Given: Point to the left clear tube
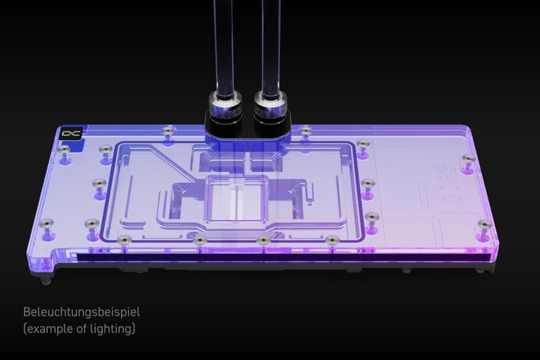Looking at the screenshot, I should click(x=223, y=45).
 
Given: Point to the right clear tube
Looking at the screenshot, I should click(x=269, y=45).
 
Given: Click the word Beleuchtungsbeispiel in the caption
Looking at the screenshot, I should click(x=81, y=312).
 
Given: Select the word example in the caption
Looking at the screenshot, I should click(x=49, y=328).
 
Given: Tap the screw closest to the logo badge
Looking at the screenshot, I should click(x=65, y=150).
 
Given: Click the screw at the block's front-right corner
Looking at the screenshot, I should click(x=484, y=223).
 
